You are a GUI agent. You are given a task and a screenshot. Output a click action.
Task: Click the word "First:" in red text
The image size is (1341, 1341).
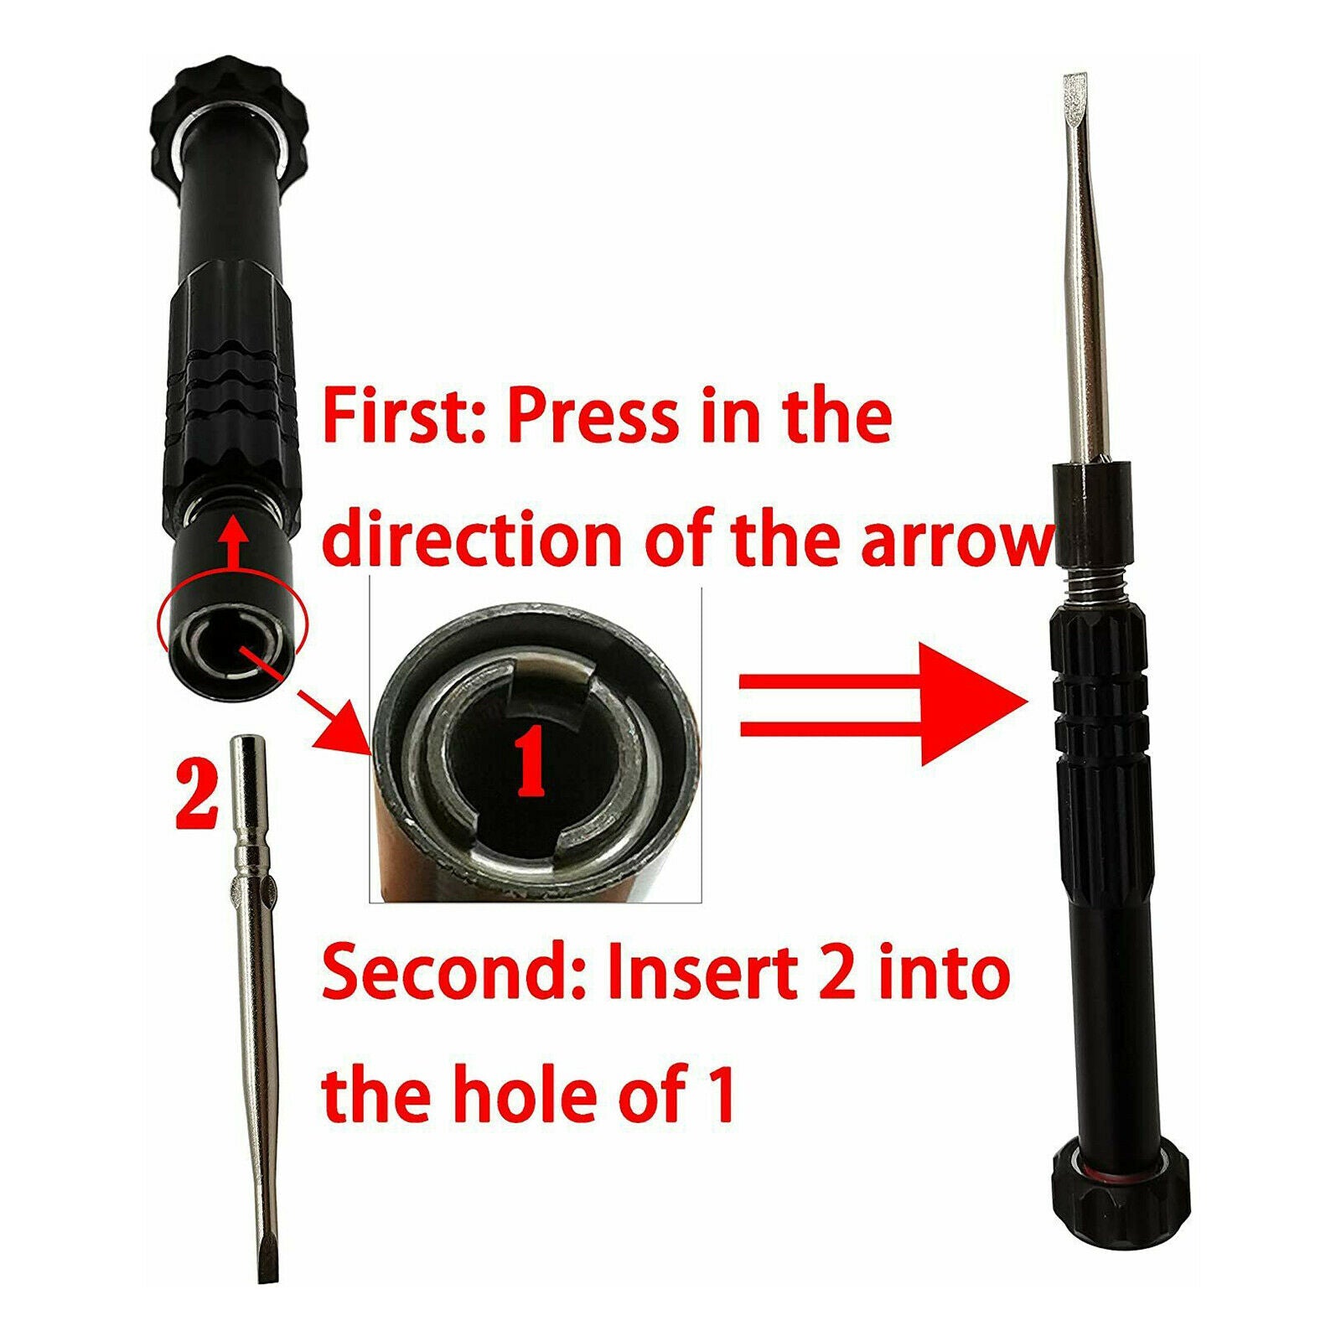(404, 417)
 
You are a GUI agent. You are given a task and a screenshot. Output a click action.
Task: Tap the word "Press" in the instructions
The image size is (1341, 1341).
(593, 417)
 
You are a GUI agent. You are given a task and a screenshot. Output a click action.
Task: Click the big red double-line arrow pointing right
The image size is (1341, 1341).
(884, 703)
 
